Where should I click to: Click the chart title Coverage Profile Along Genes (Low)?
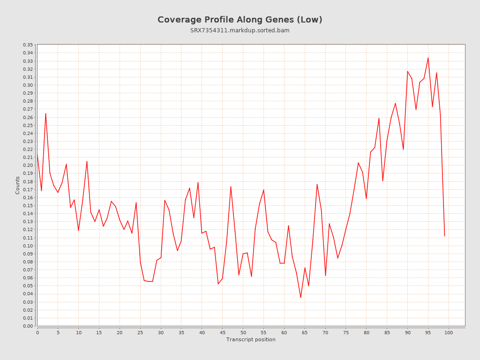click(240, 20)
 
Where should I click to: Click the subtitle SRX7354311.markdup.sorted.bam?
click(240, 30)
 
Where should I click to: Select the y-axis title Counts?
click(18, 185)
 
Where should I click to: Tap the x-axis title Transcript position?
click(251, 339)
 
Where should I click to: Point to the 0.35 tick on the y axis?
click(28, 45)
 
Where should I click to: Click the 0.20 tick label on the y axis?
click(28, 165)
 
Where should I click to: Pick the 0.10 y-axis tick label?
click(28, 246)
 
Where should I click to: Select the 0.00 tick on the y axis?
click(28, 326)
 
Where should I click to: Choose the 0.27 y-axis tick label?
click(28, 109)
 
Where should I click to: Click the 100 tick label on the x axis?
click(449, 333)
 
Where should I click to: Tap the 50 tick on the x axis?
click(243, 333)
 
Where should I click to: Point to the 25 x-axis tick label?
click(140, 333)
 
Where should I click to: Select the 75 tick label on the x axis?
click(346, 333)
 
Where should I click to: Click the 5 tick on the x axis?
click(58, 333)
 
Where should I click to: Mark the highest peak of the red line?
click(428, 58)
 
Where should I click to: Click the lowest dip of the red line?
click(300, 298)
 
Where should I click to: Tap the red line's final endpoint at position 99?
click(444, 236)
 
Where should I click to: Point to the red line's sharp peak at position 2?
click(45, 113)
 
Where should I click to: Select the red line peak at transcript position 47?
click(231, 187)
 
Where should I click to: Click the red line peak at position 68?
click(317, 184)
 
